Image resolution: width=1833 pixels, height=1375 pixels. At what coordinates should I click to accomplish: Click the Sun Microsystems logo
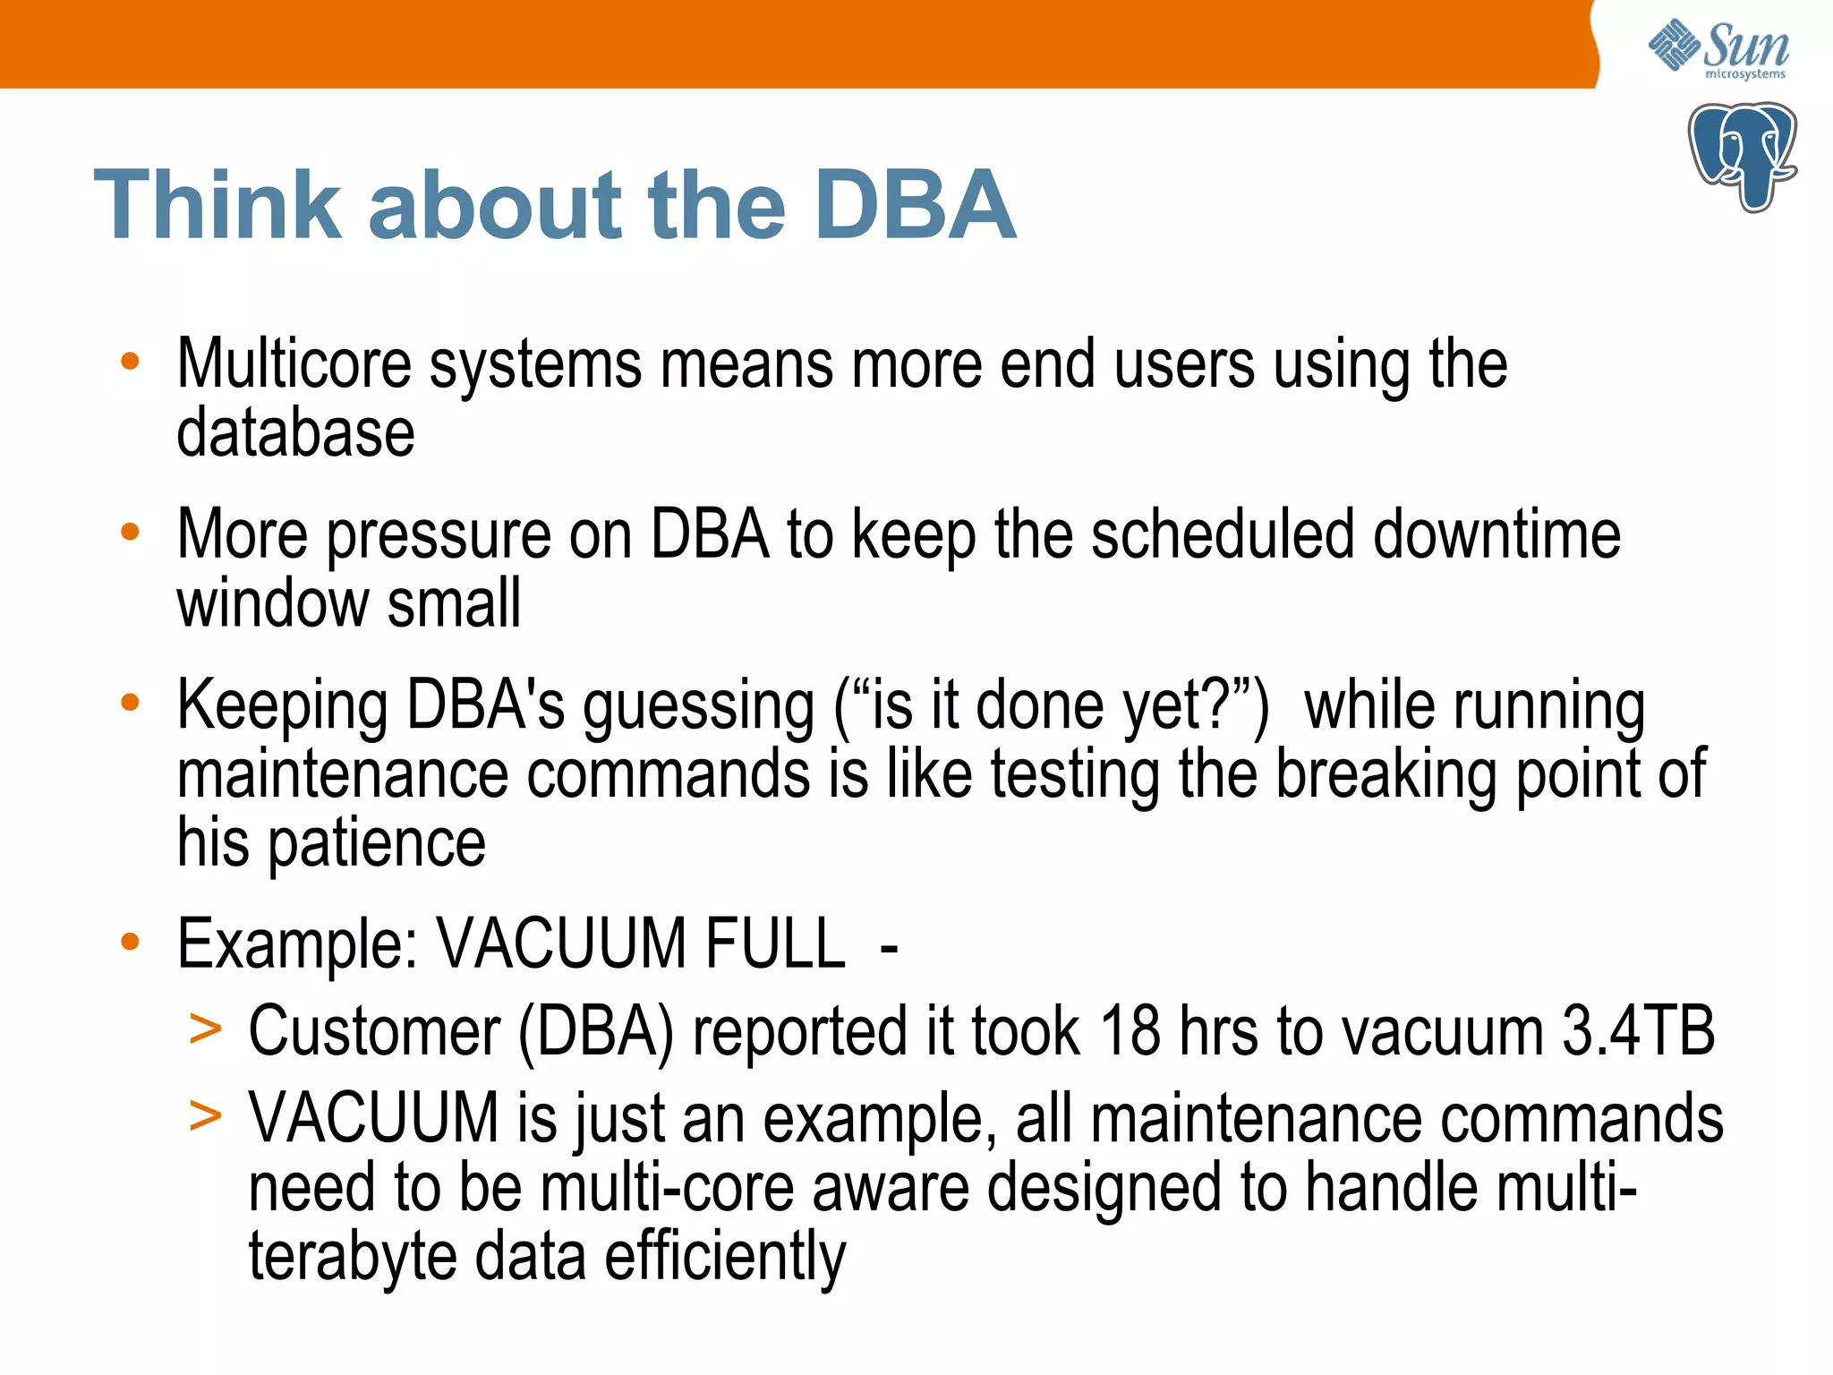1718,49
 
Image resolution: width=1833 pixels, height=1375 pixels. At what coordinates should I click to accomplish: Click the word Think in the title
218,206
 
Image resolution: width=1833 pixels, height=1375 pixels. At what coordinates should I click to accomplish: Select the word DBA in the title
915,206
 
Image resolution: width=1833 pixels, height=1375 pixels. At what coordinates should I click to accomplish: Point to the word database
295,433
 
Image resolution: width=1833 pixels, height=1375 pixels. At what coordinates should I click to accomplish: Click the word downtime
1496,534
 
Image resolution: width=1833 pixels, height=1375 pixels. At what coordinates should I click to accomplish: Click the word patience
377,843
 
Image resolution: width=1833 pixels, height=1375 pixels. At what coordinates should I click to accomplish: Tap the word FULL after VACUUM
774,944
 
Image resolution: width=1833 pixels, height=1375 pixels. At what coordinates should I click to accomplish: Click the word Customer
374,1032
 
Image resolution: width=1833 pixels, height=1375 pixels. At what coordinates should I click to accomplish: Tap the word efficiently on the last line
725,1257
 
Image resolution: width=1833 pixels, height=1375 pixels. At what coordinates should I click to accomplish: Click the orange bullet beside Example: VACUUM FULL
131,942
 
